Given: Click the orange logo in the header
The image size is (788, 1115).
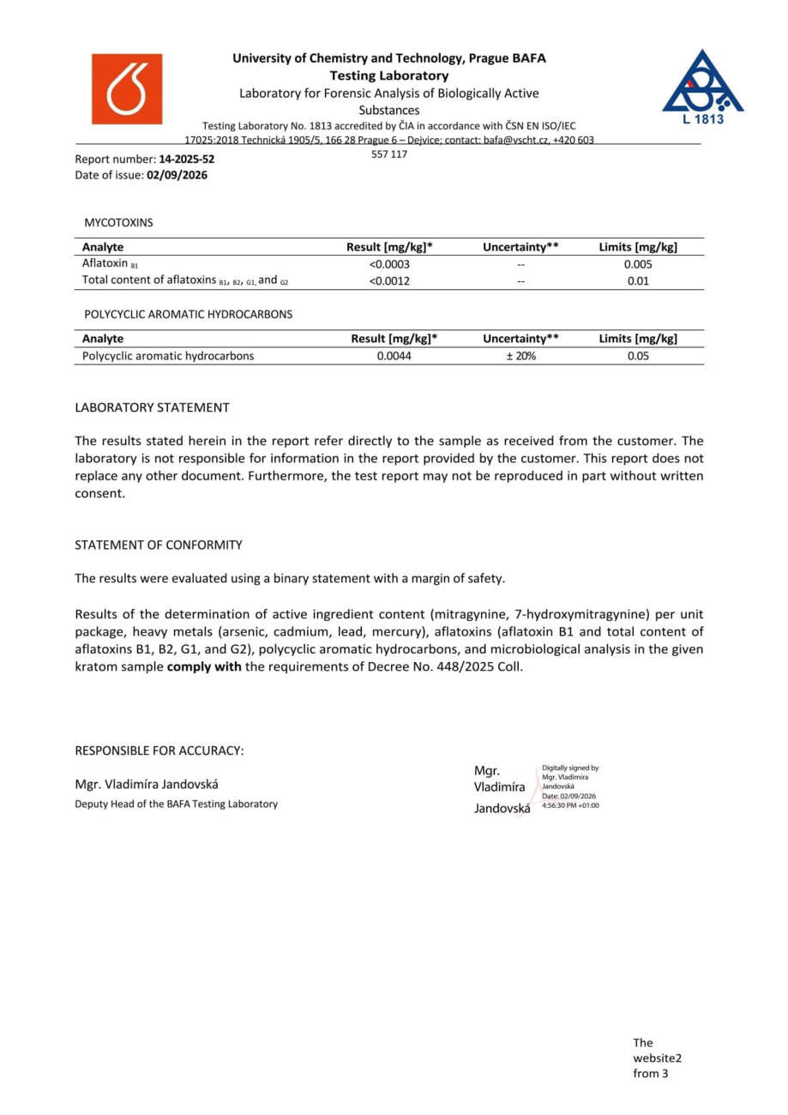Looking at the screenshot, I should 127,89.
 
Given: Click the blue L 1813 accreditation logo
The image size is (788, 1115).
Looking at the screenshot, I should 702,87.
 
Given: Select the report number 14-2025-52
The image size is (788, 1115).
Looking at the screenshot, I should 187,159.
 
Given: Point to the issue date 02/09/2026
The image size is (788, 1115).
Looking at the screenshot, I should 177,175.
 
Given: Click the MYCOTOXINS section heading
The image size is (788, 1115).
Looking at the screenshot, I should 118,222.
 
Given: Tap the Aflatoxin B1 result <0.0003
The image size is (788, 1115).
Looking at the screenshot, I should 389,264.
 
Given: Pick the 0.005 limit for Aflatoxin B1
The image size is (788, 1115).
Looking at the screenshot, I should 638,264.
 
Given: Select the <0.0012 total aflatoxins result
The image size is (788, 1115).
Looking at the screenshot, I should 389,280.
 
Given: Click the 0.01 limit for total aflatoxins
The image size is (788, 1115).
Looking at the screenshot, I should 638,280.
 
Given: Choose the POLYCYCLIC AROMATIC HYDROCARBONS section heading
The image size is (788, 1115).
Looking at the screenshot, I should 188,314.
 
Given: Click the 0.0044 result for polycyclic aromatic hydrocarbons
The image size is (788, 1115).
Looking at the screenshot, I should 394,356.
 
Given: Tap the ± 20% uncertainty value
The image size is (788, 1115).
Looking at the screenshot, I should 520,356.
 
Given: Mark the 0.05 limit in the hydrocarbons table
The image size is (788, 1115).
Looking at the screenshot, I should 638,356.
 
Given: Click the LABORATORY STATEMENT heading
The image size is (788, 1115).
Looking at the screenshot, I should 152,407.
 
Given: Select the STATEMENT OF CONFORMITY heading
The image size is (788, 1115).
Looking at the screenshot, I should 159,545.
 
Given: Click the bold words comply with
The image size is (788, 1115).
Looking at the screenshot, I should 204,666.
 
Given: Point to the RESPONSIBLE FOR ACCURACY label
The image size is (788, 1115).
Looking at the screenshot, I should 159,750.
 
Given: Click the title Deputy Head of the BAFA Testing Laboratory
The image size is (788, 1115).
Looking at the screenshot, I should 177,804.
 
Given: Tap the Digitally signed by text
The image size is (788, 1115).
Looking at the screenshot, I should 570,768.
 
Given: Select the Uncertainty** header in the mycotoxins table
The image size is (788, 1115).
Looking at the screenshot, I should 520,247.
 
